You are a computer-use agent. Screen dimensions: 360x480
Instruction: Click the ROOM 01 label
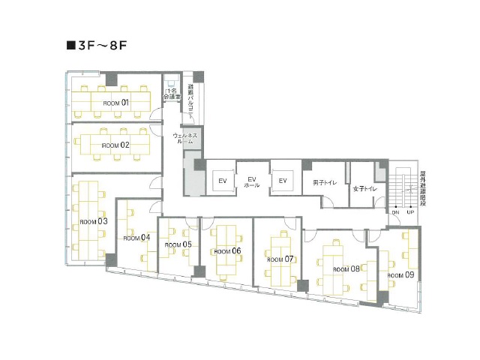click(x=116, y=102)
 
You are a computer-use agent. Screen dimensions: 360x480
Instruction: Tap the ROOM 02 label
click(x=116, y=145)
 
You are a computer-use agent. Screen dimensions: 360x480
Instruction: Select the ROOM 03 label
click(x=94, y=221)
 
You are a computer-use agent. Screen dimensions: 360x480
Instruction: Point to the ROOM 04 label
click(x=136, y=237)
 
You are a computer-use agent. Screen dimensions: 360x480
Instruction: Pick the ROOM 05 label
click(x=178, y=244)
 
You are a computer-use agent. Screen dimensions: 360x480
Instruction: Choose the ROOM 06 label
click(x=226, y=251)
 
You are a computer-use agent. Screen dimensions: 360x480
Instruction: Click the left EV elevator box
click(x=223, y=181)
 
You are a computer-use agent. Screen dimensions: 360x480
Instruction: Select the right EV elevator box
click(x=283, y=181)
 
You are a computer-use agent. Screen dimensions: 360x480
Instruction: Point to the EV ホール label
click(x=252, y=181)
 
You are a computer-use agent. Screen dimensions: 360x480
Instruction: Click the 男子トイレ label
click(x=325, y=182)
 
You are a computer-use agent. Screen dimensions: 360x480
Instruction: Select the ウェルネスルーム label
click(x=184, y=139)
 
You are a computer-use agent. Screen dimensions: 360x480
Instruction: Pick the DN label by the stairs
click(x=395, y=212)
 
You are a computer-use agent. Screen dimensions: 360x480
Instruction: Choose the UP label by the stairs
click(x=410, y=212)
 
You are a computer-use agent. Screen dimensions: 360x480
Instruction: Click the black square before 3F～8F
click(x=72, y=45)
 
